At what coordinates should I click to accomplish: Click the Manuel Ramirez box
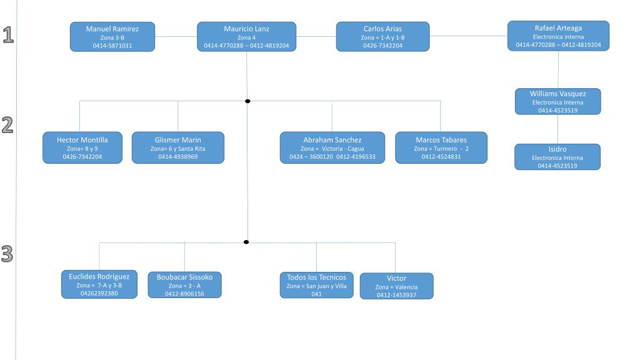[112, 37]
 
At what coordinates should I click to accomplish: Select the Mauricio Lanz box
[246, 37]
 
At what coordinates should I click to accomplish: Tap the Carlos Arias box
[383, 37]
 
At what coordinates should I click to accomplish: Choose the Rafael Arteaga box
[558, 36]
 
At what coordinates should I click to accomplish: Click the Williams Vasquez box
[558, 101]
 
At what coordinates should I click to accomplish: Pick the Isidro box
[557, 157]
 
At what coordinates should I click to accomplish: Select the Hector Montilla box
[82, 147]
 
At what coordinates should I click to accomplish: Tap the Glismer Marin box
[178, 147]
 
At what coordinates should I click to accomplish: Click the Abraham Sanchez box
[332, 147]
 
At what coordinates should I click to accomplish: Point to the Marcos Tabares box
[441, 147]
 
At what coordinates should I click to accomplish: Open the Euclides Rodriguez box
[99, 284]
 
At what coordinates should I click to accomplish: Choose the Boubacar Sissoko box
[184, 285]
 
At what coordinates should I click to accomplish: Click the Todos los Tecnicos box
[316, 285]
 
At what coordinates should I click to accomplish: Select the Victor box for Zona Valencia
[397, 286]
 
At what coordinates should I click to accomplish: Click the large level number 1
[8, 35]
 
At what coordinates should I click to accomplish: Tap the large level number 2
[7, 125]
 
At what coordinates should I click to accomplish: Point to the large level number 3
[7, 254]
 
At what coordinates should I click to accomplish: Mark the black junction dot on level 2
[247, 101]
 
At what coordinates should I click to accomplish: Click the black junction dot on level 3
[246, 242]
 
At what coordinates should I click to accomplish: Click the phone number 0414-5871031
[112, 46]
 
